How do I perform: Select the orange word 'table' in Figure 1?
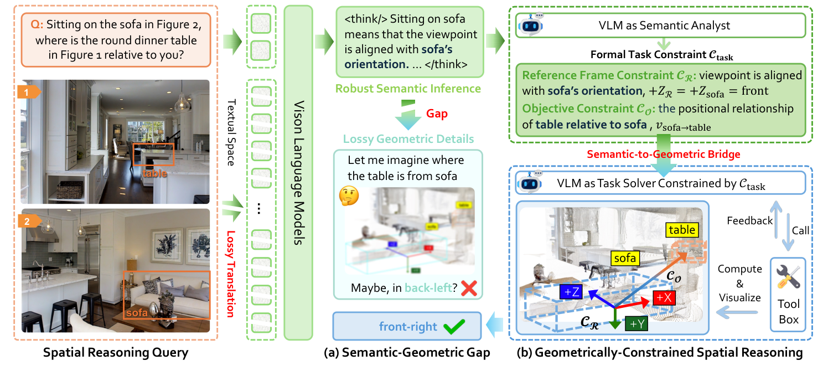[x=154, y=173]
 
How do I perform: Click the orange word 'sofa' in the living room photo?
[x=136, y=313]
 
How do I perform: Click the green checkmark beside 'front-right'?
[x=455, y=327]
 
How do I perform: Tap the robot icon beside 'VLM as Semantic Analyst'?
[x=530, y=25]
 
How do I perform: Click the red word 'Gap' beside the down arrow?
[x=437, y=114]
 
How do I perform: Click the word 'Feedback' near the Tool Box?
[x=750, y=220]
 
